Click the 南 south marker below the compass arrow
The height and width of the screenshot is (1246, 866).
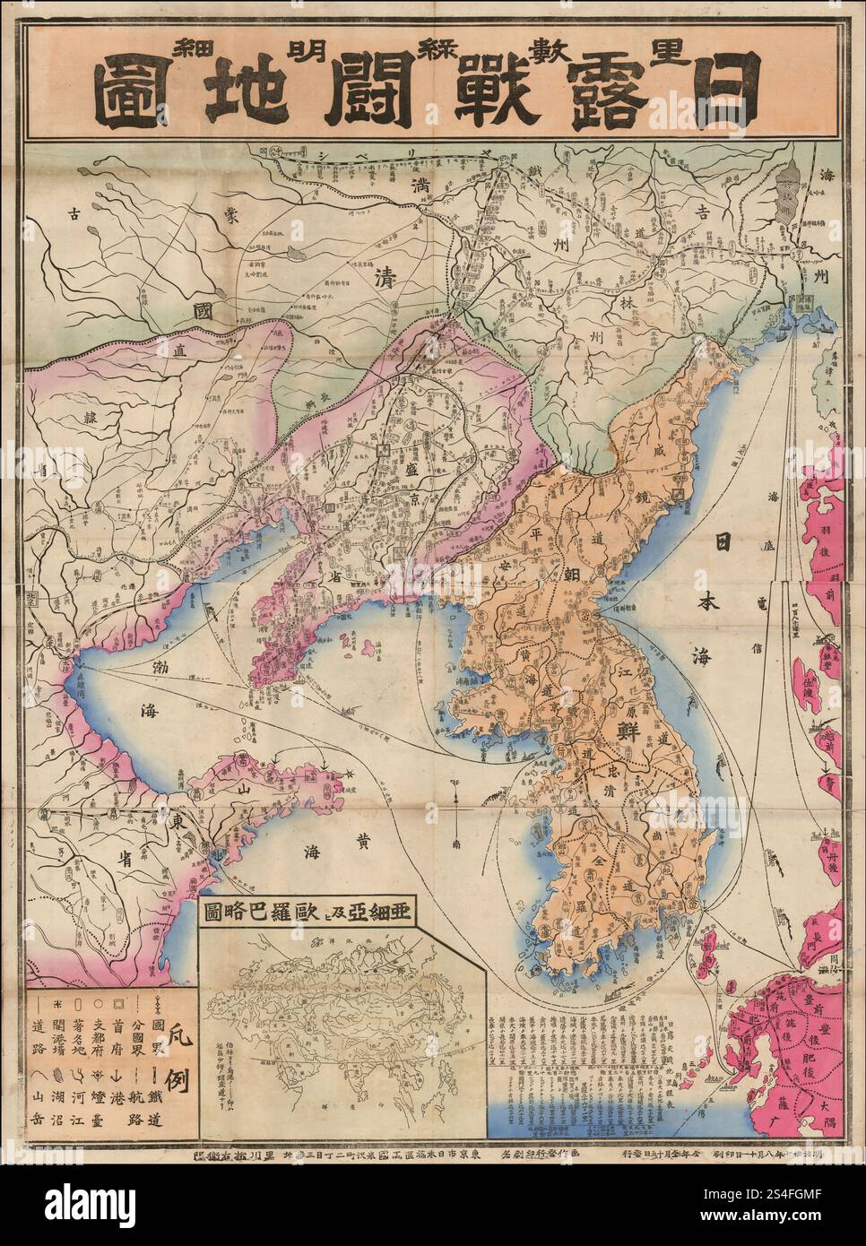(x=457, y=844)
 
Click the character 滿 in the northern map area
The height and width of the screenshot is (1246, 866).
(x=419, y=188)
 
